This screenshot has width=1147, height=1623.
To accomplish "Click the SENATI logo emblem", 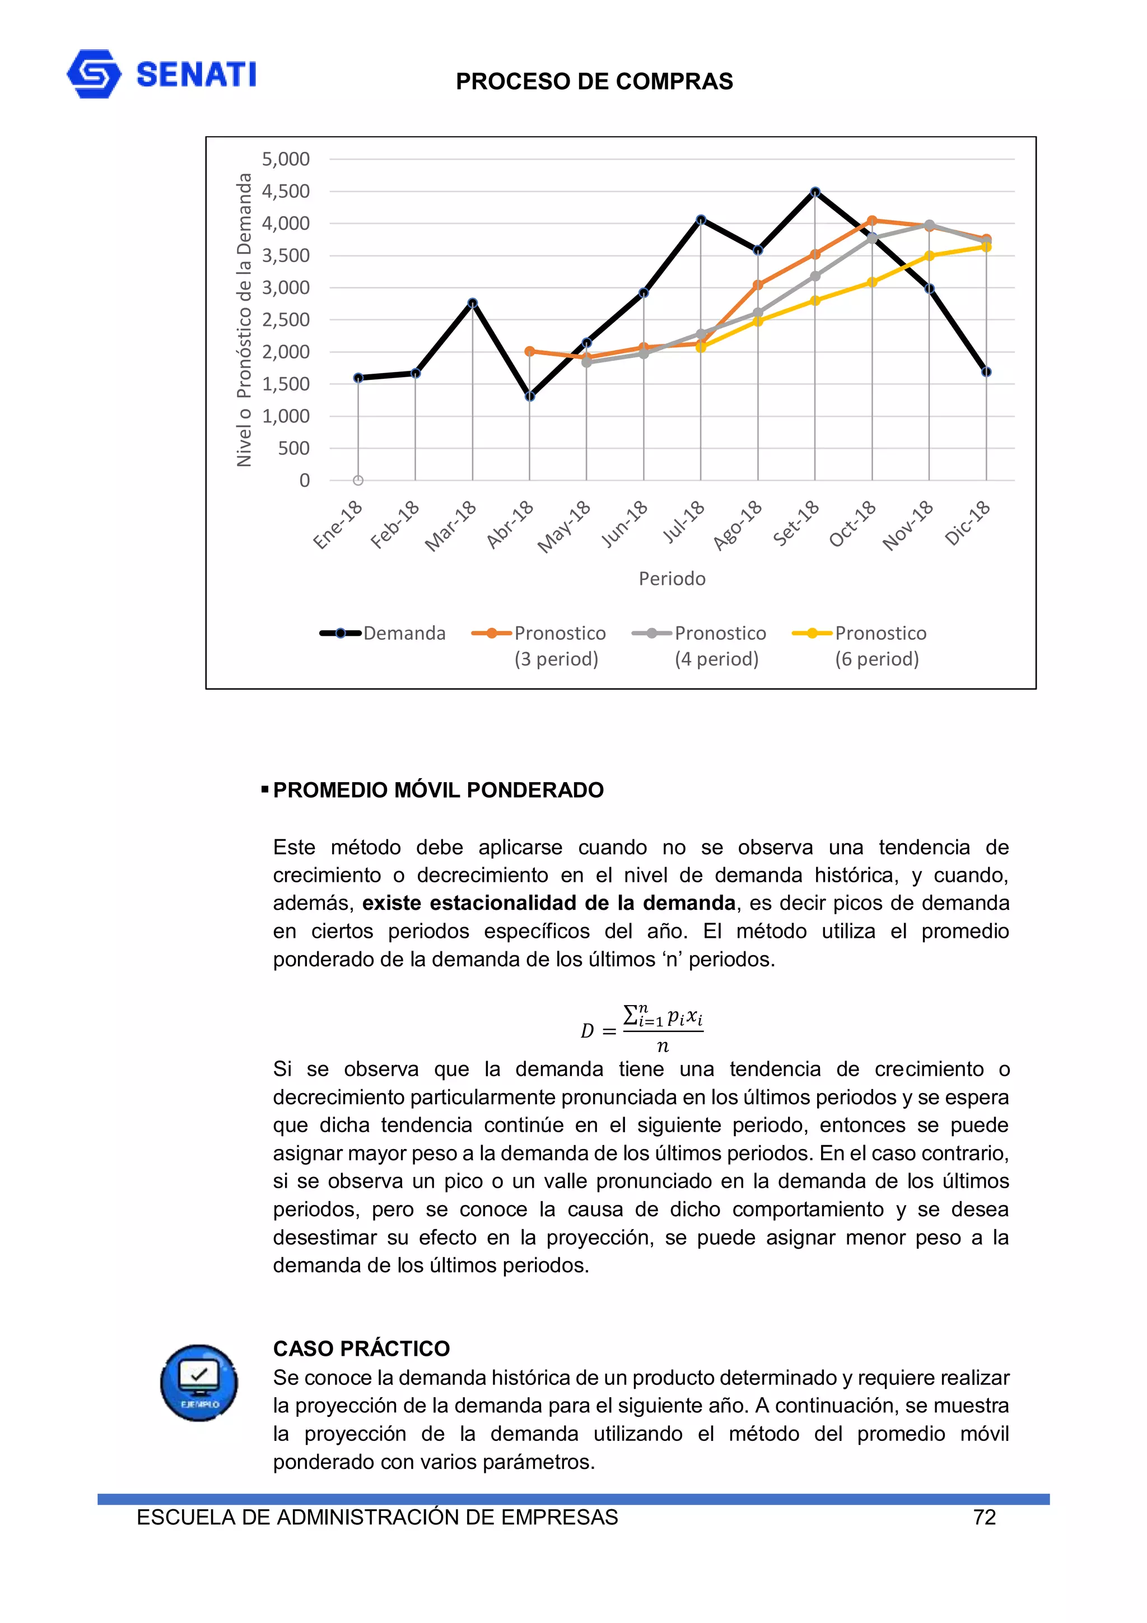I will [94, 73].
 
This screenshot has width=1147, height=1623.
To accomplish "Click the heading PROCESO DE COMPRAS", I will [594, 81].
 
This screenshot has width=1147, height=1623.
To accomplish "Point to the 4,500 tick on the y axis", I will [286, 191].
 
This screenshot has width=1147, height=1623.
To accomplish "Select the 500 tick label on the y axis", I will [293, 448].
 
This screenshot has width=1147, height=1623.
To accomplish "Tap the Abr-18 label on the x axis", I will [510, 524].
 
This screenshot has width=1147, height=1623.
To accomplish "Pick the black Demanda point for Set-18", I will [815, 192].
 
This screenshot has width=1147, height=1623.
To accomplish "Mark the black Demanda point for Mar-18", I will [472, 303].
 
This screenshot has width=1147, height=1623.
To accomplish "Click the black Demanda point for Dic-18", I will [986, 372].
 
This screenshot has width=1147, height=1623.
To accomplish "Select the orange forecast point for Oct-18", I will [872, 221].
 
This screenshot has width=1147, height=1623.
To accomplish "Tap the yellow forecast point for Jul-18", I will [701, 347].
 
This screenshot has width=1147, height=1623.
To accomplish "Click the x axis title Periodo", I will [672, 578].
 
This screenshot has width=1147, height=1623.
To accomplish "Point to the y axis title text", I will [244, 319].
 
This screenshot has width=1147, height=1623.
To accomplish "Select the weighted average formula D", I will [641, 1029].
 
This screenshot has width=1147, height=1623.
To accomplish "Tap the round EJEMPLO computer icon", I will [199, 1382].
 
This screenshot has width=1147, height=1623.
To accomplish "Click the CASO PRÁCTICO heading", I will [361, 1348].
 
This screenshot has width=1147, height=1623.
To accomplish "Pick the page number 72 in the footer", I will [984, 1517].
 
